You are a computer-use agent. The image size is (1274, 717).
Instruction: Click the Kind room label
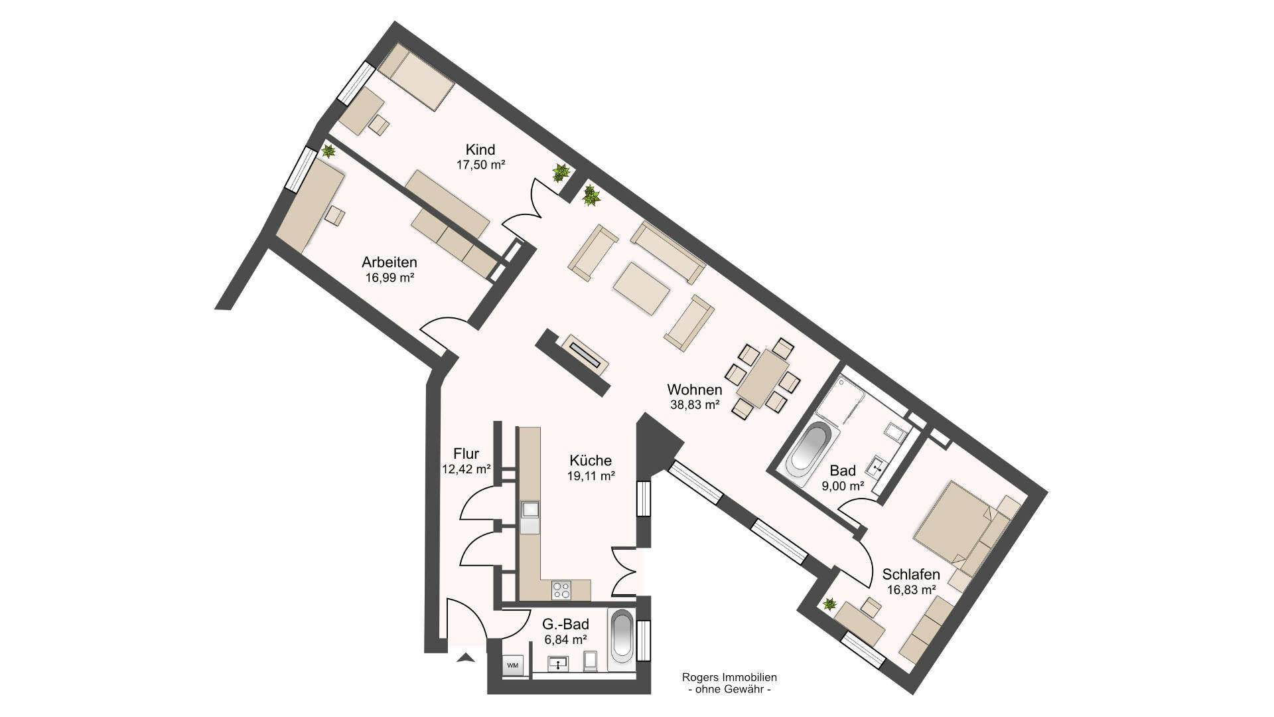(480, 149)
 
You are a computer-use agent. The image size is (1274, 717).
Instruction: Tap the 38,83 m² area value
(695, 404)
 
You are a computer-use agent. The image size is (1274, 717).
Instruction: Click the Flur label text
(466, 455)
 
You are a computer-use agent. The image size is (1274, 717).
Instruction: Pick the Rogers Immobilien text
(729, 678)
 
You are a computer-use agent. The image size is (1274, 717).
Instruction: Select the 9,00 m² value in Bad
(843, 486)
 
